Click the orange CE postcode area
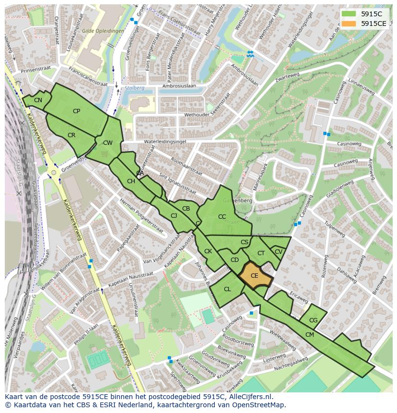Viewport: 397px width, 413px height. pyautogui.click(x=255, y=276)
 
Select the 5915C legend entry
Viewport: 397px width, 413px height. pyautogui.click(x=364, y=14)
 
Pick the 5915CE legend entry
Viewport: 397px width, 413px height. pyautogui.click(x=364, y=23)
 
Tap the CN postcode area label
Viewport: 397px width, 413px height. pyautogui.click(x=38, y=100)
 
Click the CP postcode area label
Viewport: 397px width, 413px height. pyautogui.click(x=76, y=111)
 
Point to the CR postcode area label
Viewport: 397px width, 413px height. pyautogui.click(x=71, y=135)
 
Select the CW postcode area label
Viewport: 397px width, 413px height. pyautogui.click(x=108, y=143)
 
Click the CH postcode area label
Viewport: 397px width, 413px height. pyautogui.click(x=131, y=181)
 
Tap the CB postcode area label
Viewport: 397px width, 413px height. pyautogui.click(x=186, y=209)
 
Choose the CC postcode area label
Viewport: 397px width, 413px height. pyautogui.click(x=222, y=217)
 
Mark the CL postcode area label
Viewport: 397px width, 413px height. pyautogui.click(x=227, y=289)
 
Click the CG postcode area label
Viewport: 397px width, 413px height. pyautogui.click(x=313, y=320)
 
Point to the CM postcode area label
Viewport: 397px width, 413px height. pyautogui.click(x=310, y=335)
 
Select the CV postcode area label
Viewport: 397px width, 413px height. pyautogui.click(x=279, y=252)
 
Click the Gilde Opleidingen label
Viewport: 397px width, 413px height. pyautogui.click(x=103, y=31)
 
